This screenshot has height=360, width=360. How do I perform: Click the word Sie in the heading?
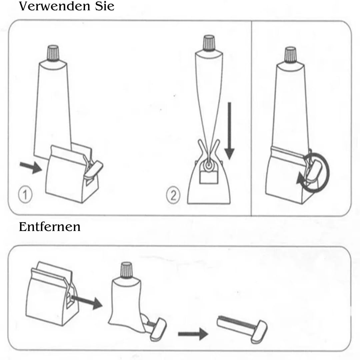coord(105,6)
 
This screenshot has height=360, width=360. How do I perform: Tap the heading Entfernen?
coord(50,227)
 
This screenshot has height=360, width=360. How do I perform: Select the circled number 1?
coord(25,195)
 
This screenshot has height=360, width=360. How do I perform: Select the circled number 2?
coord(173,195)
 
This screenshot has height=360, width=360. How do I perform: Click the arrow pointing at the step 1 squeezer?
coord(31,167)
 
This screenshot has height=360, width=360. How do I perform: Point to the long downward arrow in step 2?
coord(229,131)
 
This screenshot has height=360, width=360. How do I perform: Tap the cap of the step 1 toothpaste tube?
coord(53,53)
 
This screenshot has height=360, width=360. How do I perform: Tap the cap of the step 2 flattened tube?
coord(209,43)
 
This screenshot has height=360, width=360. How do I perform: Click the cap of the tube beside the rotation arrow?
coord(290,55)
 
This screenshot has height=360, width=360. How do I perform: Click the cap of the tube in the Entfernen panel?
coord(127,270)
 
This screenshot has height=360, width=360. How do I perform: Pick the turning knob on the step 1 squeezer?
coord(93,170)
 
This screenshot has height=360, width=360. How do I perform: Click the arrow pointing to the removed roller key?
coord(193,334)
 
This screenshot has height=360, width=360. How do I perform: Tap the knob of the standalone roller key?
coord(259,332)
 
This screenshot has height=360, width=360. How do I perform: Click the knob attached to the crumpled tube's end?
coord(158,329)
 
